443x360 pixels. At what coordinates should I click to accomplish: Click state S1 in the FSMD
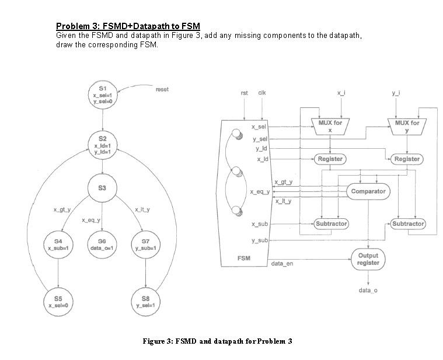[x=102, y=93]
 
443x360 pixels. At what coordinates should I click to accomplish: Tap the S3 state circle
[x=102, y=187]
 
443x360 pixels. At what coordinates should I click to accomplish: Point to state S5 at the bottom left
[x=58, y=301]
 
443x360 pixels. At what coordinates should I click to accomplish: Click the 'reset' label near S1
[x=162, y=89]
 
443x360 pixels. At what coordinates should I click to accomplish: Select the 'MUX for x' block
[x=330, y=127]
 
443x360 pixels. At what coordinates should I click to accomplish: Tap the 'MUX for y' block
[x=407, y=127]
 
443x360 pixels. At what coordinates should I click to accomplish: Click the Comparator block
[x=368, y=191]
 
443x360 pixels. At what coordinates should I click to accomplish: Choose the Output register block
[x=368, y=259]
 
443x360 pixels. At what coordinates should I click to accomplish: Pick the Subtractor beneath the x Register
[x=331, y=223]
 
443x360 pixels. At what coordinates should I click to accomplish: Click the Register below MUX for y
[x=407, y=159]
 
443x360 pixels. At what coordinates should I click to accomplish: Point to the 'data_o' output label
[x=368, y=290]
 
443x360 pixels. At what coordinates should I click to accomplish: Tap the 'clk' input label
[x=262, y=93]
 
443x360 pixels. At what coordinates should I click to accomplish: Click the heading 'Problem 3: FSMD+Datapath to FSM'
[x=128, y=26]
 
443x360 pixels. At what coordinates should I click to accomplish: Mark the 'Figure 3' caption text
[x=217, y=341]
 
